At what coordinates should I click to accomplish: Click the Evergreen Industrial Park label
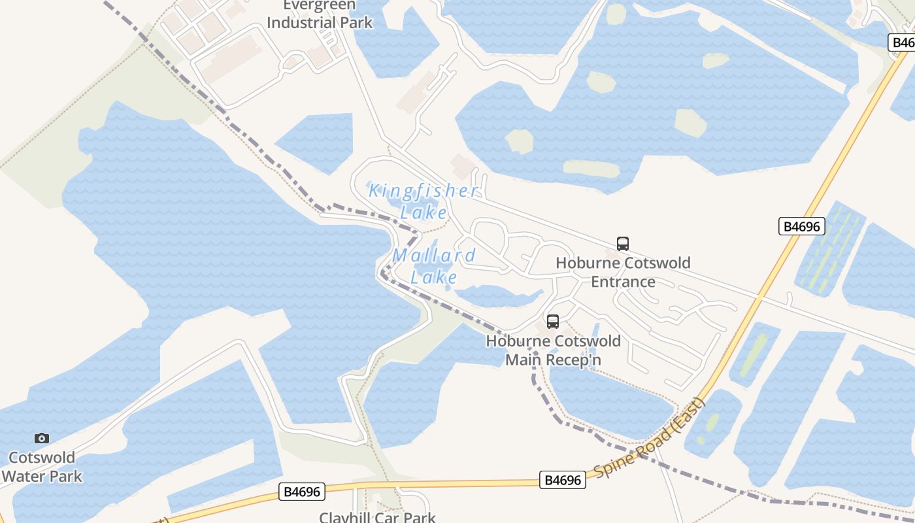pos(320,14)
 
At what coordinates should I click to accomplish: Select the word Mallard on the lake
pos(434,256)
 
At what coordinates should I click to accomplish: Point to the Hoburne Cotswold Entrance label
pos(623,272)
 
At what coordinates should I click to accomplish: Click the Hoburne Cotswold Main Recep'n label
pos(553,350)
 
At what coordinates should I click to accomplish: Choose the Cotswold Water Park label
pos(42,466)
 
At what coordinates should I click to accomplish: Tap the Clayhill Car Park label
pos(377,517)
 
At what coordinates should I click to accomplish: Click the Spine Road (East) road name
pos(650,437)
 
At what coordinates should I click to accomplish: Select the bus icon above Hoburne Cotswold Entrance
pos(623,244)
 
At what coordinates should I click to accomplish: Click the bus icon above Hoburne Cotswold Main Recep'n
pos(553,321)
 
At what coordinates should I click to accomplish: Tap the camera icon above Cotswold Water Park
pos(42,438)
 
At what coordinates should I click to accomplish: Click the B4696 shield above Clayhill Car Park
pos(302,492)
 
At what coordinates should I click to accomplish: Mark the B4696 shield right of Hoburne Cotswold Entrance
pos(802,227)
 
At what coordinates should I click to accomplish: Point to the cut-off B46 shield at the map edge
pos(903,42)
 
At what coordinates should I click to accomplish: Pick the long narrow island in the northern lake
pos(591,168)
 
